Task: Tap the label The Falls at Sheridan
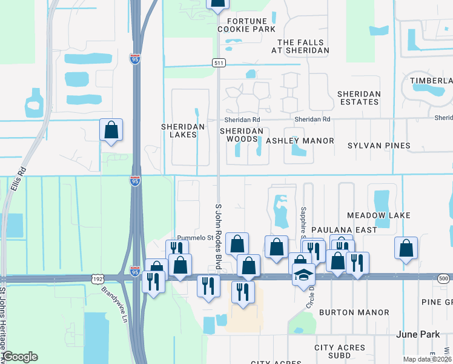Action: (x=303, y=46)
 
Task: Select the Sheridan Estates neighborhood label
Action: (x=359, y=98)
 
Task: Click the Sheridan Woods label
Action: (x=242, y=135)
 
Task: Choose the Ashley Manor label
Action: (x=300, y=141)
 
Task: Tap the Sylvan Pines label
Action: (x=379, y=146)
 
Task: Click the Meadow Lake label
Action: (x=379, y=215)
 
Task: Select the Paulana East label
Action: (x=344, y=230)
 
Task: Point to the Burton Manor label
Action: (x=354, y=312)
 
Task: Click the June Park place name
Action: (x=417, y=334)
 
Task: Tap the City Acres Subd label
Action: (x=340, y=352)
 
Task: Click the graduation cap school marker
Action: (x=303, y=274)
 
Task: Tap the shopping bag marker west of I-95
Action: (x=111, y=130)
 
